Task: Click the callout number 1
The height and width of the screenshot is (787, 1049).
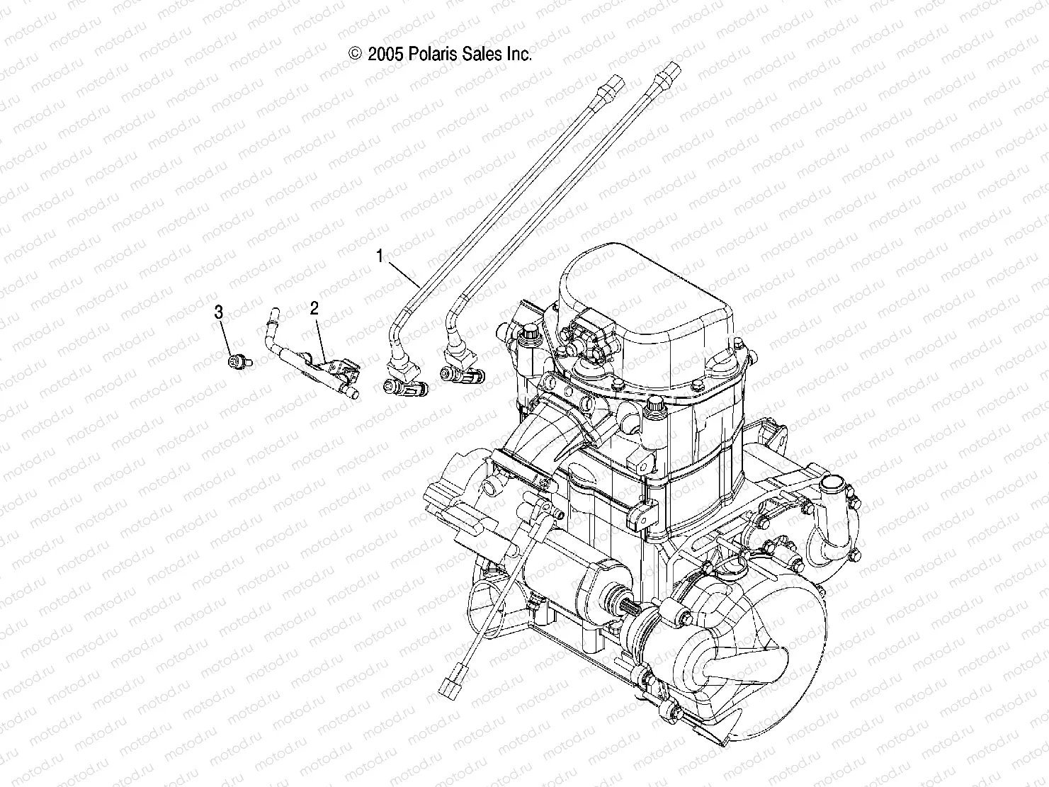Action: (x=380, y=256)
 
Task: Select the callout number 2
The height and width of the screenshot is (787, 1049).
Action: (x=314, y=307)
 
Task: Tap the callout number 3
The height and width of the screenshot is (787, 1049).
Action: (x=219, y=312)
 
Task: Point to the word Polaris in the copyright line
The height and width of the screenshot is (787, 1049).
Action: (x=431, y=54)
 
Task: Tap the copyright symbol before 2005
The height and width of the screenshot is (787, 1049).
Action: (x=356, y=54)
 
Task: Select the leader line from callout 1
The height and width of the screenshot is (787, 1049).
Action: (x=404, y=272)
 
